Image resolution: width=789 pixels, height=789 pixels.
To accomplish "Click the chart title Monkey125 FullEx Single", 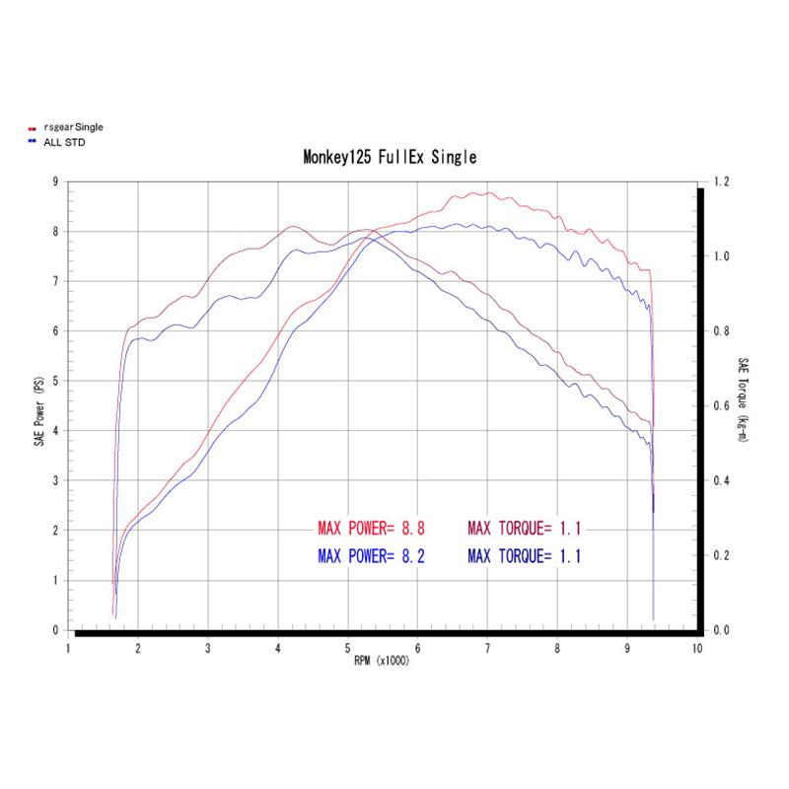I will [389, 158].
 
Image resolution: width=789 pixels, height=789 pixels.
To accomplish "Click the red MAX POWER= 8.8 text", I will [371, 528].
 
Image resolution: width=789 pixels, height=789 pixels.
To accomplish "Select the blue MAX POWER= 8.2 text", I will [371, 556].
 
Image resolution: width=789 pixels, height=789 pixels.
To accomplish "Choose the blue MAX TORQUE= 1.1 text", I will [525, 556].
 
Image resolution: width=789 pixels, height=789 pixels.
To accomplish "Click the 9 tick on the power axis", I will [55, 181].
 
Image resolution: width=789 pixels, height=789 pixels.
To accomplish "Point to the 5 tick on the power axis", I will [55, 381].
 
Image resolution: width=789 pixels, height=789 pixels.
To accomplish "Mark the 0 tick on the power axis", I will [55, 629].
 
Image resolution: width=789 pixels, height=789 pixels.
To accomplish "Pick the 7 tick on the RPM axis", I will [487, 648].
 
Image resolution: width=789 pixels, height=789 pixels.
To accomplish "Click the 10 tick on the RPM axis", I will [697, 648].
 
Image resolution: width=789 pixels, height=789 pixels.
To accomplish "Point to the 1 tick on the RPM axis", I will [68, 648].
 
